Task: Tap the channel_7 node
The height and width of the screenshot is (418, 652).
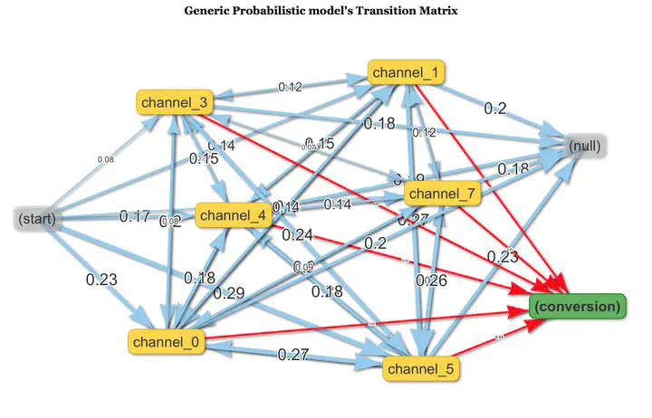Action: [x=441, y=193]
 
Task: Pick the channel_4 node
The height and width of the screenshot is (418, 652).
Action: [x=231, y=216]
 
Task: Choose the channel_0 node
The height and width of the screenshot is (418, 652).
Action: [x=168, y=341]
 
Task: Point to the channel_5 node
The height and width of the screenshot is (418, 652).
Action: [x=421, y=368]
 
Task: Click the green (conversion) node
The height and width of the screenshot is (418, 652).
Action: [x=577, y=307]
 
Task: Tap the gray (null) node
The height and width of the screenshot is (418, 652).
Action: [x=584, y=147]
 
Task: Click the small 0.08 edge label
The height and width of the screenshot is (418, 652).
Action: [x=106, y=160]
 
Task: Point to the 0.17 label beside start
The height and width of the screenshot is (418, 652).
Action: [x=135, y=216]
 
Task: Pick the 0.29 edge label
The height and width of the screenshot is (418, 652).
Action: [x=228, y=293]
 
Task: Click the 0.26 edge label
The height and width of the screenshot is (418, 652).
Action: [x=431, y=280]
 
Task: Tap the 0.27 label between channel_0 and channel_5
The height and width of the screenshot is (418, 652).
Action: [x=294, y=354]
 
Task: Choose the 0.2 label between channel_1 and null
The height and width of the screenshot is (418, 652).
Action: [x=494, y=109]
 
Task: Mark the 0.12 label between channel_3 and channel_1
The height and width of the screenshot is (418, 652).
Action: [x=291, y=87]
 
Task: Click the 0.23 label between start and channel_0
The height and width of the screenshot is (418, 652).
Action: [x=101, y=280]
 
